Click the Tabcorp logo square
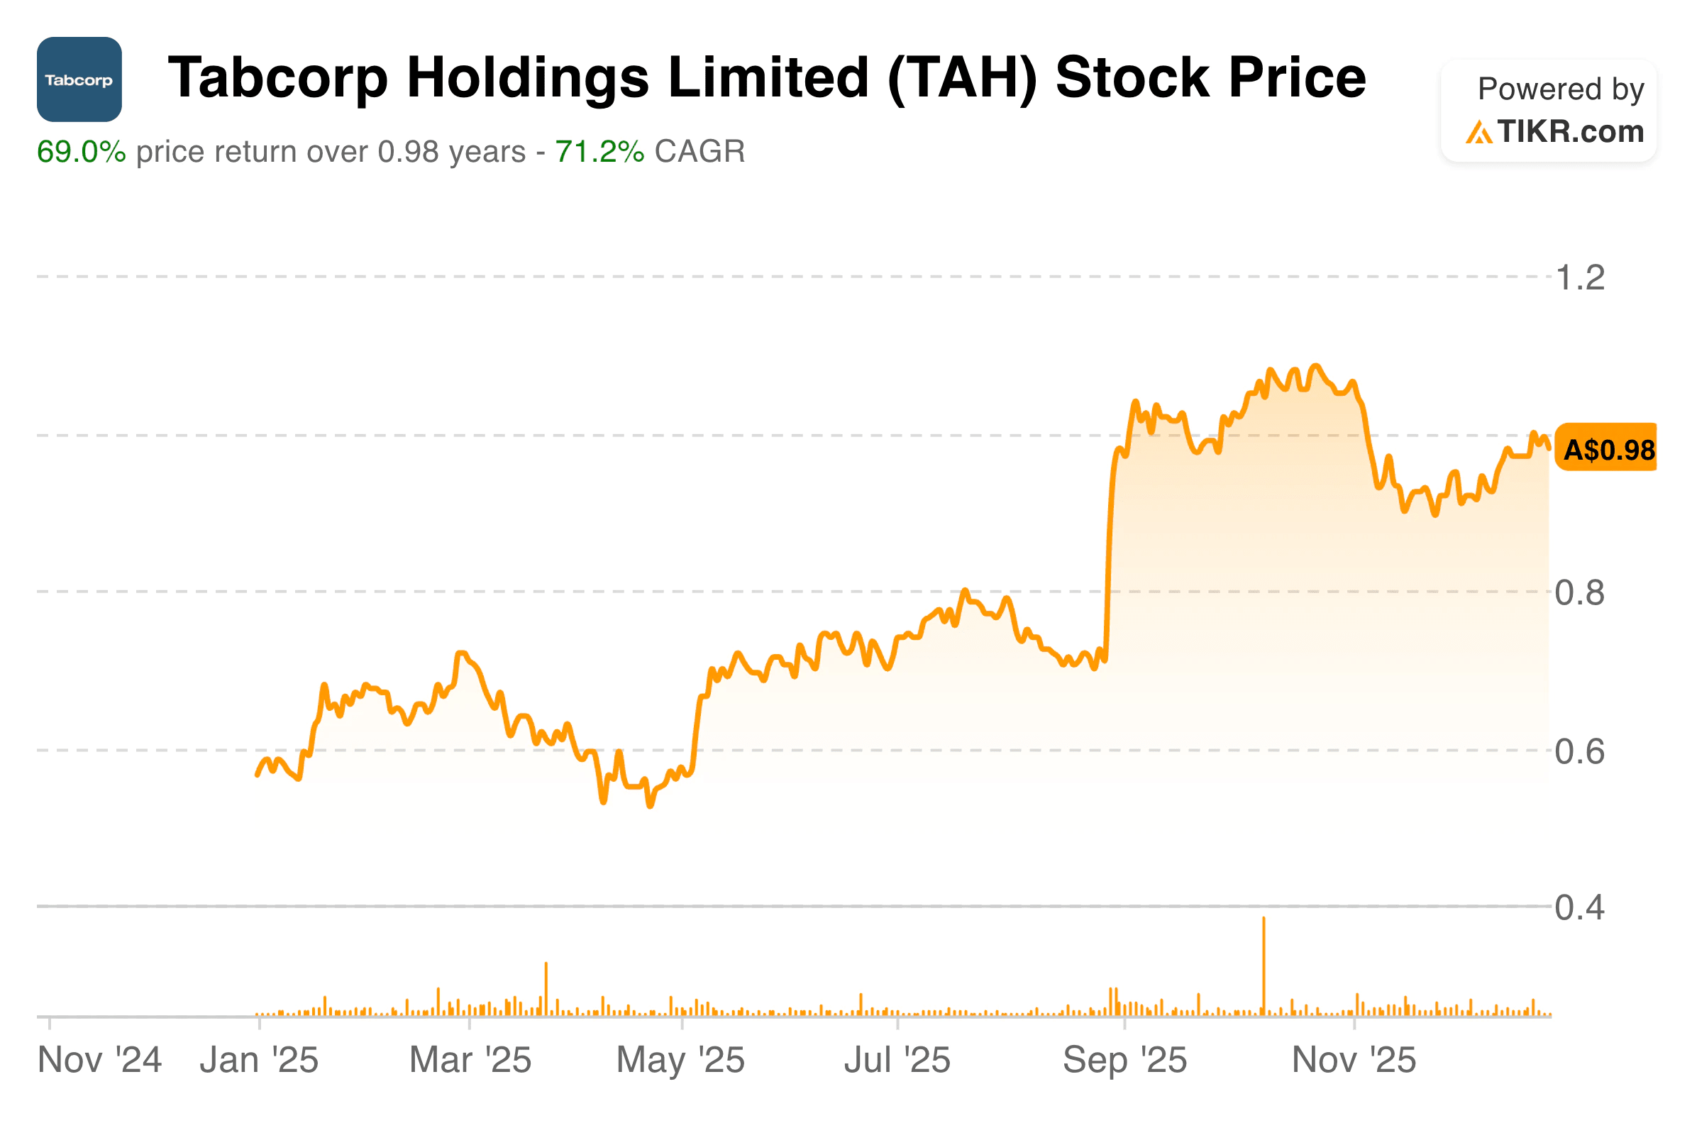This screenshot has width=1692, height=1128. click(79, 79)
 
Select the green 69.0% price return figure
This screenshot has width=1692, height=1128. click(82, 152)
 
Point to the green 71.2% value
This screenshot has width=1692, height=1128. click(599, 152)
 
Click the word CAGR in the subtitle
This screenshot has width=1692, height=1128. click(700, 152)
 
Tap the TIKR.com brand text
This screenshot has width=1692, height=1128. click(1570, 132)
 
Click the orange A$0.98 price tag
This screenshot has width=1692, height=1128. click(1608, 450)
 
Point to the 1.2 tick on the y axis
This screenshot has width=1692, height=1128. click(1580, 277)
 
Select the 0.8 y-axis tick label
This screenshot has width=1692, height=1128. click(1580, 593)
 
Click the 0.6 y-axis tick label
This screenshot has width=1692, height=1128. click(1580, 752)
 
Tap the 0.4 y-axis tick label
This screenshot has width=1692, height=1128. click(1580, 908)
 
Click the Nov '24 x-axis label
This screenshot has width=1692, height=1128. click(99, 1061)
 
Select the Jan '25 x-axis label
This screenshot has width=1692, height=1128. click(259, 1061)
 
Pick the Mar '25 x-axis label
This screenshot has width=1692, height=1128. click(470, 1061)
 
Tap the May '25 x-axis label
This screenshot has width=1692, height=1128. click(680, 1061)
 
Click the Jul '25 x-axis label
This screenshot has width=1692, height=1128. click(897, 1061)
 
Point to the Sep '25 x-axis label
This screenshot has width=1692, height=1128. click(1124, 1061)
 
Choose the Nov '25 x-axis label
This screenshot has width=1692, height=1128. click(1354, 1061)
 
